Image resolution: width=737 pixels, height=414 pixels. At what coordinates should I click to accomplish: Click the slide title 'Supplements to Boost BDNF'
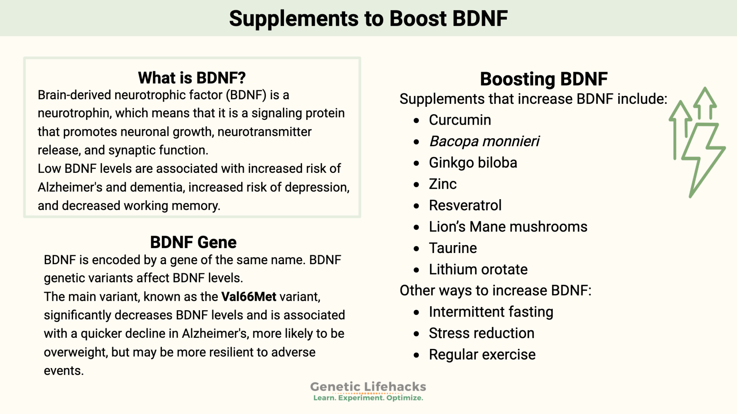(368, 18)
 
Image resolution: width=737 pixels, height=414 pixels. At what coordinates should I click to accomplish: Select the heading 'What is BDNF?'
(192, 78)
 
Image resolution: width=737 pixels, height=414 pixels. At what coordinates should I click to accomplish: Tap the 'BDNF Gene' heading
(193, 242)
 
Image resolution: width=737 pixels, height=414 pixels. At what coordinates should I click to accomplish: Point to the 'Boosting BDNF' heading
(544, 79)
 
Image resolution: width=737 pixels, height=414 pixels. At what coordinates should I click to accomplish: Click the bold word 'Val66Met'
(249, 297)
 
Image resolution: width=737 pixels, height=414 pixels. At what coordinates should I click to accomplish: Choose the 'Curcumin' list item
(460, 120)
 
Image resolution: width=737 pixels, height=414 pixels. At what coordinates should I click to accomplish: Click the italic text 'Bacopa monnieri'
(484, 141)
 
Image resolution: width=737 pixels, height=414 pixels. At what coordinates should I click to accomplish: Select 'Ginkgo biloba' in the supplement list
(473, 163)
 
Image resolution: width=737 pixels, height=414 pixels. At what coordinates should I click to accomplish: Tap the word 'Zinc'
(443, 184)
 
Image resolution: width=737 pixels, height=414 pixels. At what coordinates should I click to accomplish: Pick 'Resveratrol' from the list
(465, 206)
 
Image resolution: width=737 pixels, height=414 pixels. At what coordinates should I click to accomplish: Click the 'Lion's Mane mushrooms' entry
(508, 227)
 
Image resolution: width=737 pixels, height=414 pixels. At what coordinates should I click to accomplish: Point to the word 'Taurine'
(453, 248)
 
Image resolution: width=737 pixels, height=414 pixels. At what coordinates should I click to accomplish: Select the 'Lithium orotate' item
(478, 270)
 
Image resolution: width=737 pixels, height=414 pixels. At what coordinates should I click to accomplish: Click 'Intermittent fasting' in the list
(491, 312)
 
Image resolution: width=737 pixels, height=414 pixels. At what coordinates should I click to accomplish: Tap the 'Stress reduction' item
(481, 333)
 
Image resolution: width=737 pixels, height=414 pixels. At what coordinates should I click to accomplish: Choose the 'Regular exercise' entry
(482, 355)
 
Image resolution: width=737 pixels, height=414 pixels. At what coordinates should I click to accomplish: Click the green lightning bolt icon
(702, 158)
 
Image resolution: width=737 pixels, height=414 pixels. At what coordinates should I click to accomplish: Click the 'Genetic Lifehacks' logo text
(368, 387)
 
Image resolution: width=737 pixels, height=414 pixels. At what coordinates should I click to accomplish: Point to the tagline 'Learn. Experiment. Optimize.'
(368, 398)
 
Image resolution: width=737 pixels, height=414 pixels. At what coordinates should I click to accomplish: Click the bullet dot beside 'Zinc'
(416, 185)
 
